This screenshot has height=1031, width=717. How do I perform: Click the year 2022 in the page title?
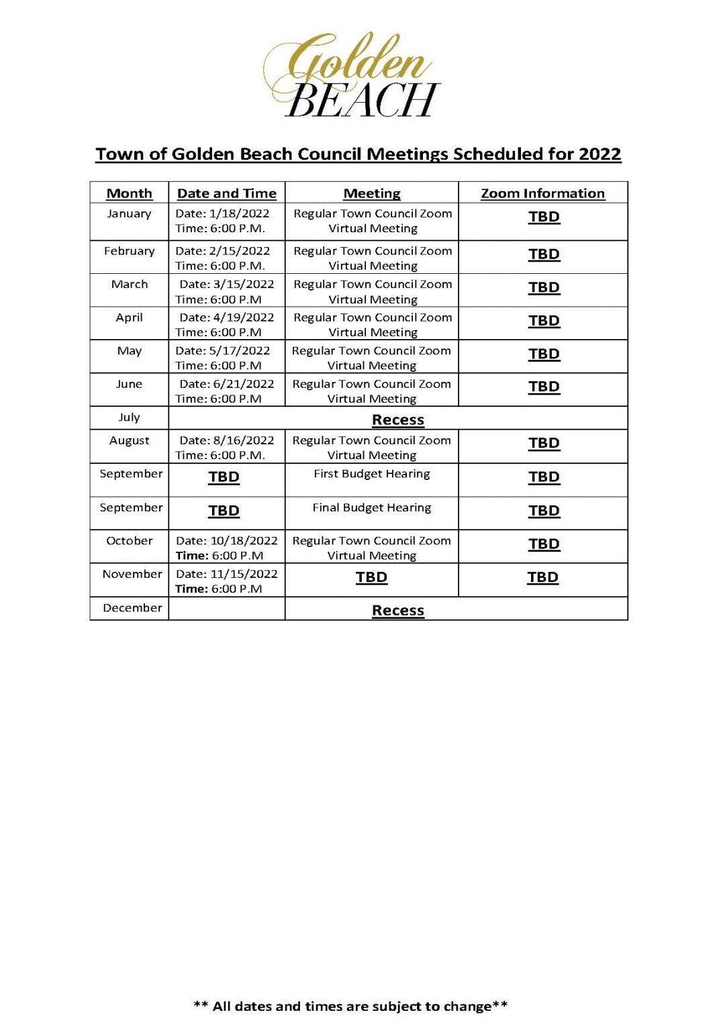[600, 154]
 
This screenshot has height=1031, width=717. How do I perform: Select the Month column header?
[130, 193]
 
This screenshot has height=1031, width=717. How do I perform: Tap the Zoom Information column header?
[542, 193]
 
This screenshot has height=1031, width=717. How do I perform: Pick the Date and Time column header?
[227, 193]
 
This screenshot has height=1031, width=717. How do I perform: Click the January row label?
[129, 213]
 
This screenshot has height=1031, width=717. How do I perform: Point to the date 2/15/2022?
[240, 251]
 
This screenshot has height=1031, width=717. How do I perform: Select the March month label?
[130, 284]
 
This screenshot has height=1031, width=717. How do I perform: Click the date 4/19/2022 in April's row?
[244, 317]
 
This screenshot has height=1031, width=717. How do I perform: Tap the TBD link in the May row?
[544, 354]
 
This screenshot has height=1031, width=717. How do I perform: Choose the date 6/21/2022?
[244, 384]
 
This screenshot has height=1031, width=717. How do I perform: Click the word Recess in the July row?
[398, 420]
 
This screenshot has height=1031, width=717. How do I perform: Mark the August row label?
[130, 440]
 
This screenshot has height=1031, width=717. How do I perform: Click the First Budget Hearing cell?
[372, 474]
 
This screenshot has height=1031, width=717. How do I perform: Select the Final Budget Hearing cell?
[372, 507]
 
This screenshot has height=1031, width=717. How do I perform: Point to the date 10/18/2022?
[244, 541]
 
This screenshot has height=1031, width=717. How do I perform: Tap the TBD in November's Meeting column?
[371, 577]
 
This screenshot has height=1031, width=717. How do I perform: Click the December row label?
[132, 608]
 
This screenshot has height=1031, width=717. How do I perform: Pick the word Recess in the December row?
[398, 611]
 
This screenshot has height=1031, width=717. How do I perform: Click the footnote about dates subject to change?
[350, 1006]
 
